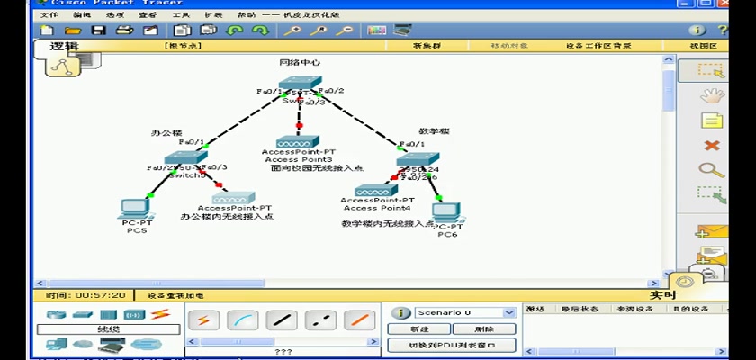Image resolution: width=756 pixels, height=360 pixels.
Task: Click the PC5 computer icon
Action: click(x=137, y=208)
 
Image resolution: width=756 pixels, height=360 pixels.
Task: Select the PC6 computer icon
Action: click(x=447, y=212)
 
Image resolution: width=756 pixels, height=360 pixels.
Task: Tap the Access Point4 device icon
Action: click(x=376, y=191)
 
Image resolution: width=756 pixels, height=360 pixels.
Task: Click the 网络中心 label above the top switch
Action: click(x=299, y=63)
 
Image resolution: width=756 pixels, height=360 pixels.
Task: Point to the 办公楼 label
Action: click(x=166, y=132)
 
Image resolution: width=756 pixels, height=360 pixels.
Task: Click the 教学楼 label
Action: click(x=434, y=131)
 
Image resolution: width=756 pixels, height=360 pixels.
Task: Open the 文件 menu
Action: click(x=49, y=15)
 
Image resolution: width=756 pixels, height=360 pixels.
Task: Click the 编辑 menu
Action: click(x=82, y=15)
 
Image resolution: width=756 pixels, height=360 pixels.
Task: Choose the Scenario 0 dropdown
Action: click(x=464, y=312)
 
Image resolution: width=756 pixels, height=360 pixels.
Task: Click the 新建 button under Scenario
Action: click(x=419, y=328)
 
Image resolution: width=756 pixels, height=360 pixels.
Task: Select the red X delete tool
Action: click(x=712, y=145)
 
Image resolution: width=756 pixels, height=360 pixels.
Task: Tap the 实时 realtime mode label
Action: click(x=663, y=294)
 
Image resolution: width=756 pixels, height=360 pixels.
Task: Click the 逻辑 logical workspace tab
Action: click(x=64, y=47)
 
